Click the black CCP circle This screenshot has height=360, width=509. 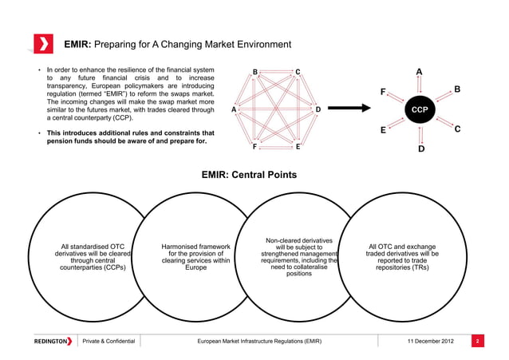(x=421, y=109)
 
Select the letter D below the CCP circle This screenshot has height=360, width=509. (x=421, y=149)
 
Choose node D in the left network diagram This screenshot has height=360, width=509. (x=318, y=109)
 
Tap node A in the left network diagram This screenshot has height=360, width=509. (x=233, y=109)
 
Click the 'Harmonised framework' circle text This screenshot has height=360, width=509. (x=195, y=258)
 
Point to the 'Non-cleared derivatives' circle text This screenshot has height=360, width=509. (x=299, y=258)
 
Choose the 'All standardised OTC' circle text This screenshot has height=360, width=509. (x=93, y=258)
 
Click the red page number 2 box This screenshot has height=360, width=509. (x=475, y=342)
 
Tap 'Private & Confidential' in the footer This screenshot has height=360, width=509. (x=109, y=342)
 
